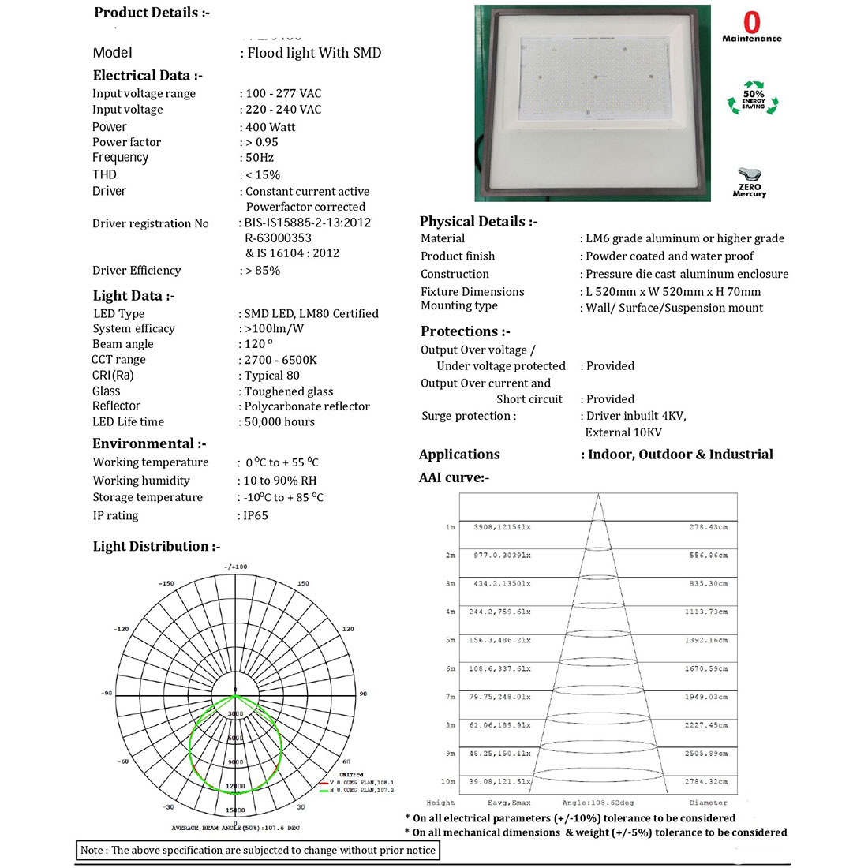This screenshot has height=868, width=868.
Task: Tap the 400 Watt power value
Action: (271, 127)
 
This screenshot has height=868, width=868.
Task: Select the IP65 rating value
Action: (256, 515)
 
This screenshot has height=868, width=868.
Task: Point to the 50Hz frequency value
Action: (260, 157)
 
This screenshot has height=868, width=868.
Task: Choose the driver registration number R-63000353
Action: (278, 238)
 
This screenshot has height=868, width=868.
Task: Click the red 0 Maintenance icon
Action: (752, 27)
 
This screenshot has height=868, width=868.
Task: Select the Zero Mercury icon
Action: (749, 182)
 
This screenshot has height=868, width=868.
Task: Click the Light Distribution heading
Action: (156, 546)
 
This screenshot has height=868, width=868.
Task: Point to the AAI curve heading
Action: (454, 477)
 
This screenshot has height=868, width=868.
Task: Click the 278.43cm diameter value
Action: (708, 526)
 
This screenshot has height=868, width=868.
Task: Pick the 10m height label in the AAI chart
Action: (448, 781)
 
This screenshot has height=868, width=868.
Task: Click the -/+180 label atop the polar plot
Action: (235, 567)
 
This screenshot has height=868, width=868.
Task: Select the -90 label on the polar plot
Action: (107, 693)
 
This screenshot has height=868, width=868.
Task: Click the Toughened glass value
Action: (289, 391)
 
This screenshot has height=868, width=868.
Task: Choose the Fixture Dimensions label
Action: (472, 291)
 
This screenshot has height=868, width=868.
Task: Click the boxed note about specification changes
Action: (257, 850)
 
